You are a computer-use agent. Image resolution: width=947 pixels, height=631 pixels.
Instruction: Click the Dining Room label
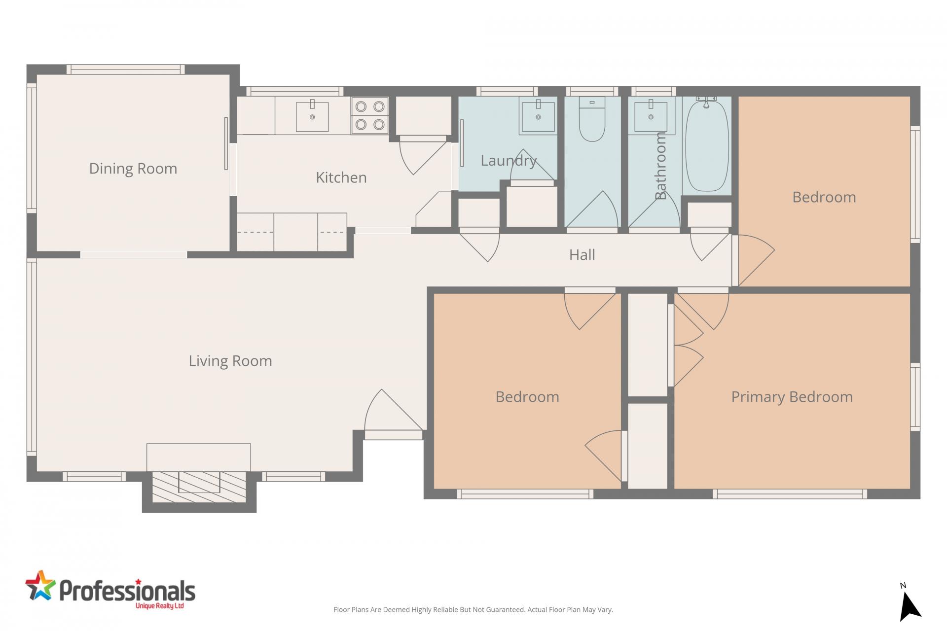[133, 169]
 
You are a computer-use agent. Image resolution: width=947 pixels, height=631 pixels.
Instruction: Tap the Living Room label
[230, 361]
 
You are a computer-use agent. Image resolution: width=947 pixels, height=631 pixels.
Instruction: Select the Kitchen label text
[341, 177]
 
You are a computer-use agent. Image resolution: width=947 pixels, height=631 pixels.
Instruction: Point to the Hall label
[582, 255]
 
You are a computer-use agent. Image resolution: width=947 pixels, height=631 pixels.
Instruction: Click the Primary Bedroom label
[792, 397]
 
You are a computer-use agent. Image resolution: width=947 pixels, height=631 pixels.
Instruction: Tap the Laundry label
[508, 161]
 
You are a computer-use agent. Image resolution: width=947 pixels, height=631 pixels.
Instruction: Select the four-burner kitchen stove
[370, 115]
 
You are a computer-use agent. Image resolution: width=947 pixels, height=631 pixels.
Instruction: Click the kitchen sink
[312, 116]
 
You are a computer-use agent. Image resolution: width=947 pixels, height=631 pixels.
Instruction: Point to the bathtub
[707, 146]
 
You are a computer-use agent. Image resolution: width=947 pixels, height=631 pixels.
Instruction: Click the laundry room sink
[538, 116]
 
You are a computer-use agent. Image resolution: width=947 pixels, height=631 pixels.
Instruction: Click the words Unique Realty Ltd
[159, 606]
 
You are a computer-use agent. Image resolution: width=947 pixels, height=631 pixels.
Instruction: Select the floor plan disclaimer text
[473, 610]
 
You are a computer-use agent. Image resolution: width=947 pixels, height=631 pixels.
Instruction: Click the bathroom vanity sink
[651, 117]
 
